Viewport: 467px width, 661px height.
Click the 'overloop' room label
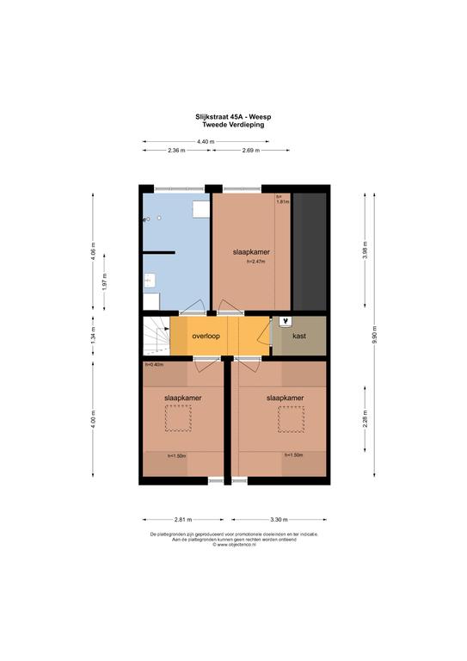click(206, 336)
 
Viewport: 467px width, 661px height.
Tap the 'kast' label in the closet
click(299, 336)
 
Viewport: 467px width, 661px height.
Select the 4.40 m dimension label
click(206, 142)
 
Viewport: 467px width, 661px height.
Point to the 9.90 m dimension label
click(374, 335)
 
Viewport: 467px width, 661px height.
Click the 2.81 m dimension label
click(183, 519)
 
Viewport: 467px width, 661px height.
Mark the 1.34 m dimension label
click(93, 335)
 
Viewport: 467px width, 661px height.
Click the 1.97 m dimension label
click(104, 282)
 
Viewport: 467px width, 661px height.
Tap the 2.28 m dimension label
click(365, 419)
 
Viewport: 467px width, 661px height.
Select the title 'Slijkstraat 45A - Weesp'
click(233, 117)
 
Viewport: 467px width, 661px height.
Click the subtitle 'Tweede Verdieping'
click(233, 124)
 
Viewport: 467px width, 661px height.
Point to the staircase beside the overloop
click(157, 336)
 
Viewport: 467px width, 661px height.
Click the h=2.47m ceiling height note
click(255, 262)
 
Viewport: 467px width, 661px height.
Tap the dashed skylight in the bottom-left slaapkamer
click(178, 418)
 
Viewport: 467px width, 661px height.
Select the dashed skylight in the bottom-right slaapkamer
click(291, 419)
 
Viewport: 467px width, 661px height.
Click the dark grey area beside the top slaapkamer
click(310, 251)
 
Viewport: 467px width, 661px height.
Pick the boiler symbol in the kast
click(286, 321)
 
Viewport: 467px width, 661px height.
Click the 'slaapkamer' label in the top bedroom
click(251, 252)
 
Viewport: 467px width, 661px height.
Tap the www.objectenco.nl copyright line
click(234, 544)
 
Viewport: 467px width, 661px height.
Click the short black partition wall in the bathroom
click(159, 252)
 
